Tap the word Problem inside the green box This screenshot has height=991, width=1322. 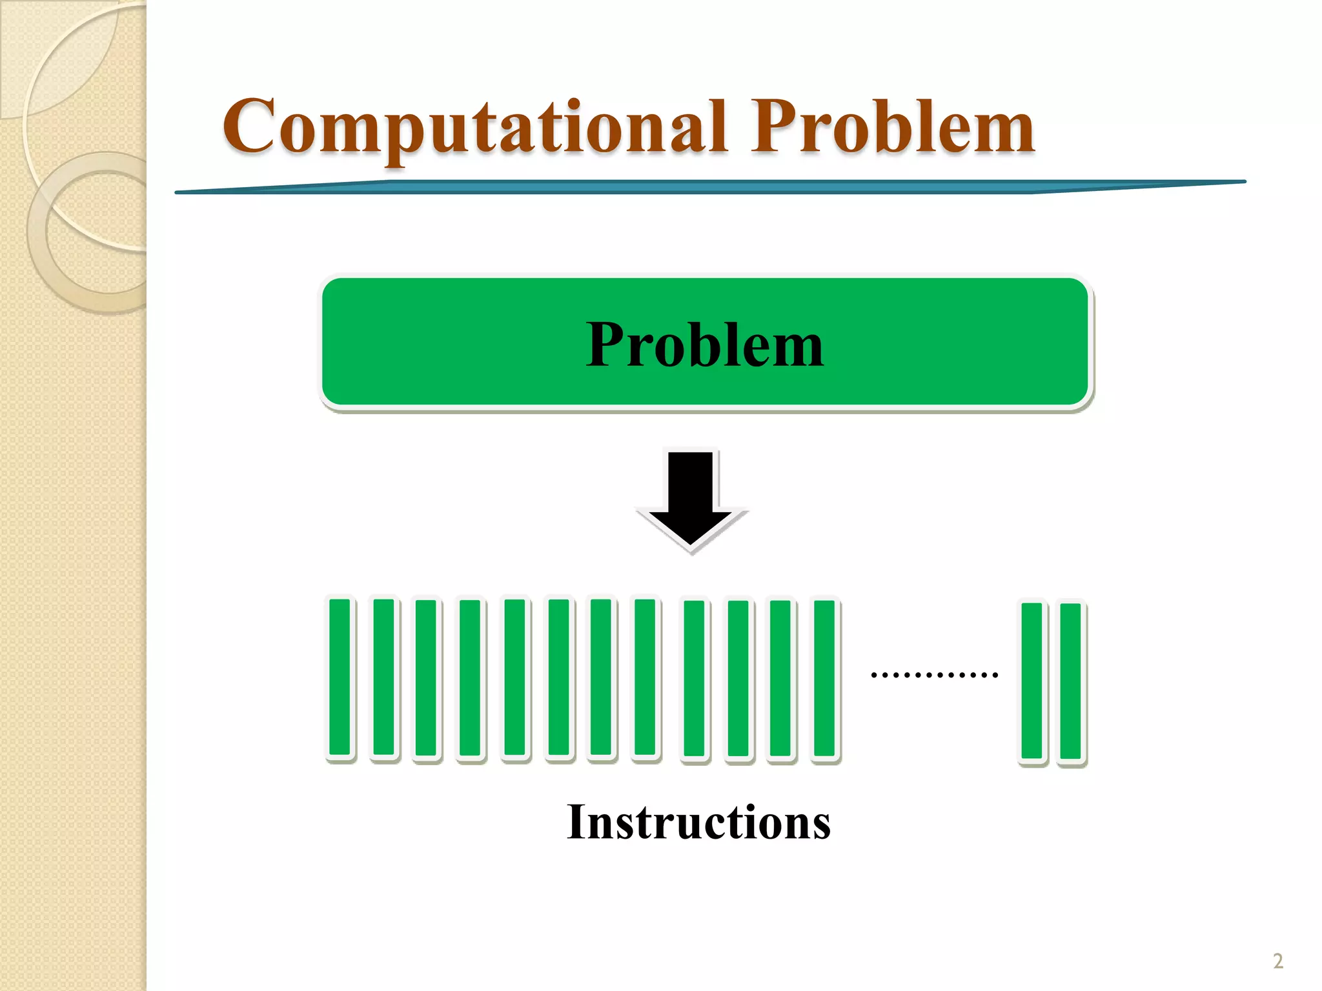pos(705,345)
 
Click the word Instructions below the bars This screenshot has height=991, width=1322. pos(698,822)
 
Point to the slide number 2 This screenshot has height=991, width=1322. pos(1277,961)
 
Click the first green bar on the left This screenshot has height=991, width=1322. pos(340,677)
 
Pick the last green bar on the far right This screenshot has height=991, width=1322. pos(1070,681)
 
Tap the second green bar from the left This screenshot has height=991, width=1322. pos(384,677)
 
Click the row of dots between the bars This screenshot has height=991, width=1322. pos(934,675)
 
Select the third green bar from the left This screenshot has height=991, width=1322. pos(426,677)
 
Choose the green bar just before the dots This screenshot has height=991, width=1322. pos(824,677)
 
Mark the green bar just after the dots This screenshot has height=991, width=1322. pos(1032,681)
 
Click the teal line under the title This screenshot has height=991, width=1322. pos(710,186)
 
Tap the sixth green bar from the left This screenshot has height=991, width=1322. pos(559,677)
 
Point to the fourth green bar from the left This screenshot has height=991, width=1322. pos(470,677)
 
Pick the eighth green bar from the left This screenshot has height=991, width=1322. pos(645,677)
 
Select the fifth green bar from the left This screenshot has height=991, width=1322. pos(515,677)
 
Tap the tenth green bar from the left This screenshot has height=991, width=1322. pos(738,678)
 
